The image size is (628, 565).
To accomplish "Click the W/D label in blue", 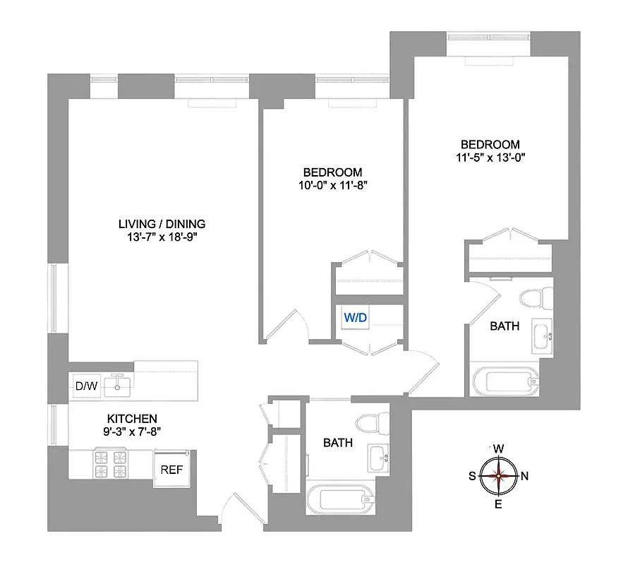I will coord(355,318).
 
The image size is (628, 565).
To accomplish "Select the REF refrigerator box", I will coord(171,468).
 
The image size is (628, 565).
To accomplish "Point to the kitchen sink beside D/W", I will coord(117,385).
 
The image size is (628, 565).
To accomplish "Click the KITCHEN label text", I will coord(132,419).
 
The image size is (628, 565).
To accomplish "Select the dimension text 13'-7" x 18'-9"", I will coord(162,237).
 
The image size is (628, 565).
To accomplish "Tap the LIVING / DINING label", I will coord(162,224).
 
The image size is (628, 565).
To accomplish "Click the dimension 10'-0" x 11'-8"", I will coord(332,185).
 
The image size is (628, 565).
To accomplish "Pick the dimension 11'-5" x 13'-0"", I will coord(491,158).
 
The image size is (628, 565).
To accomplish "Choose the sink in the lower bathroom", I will coord(378,458).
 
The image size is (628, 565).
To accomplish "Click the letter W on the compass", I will coord(498,448).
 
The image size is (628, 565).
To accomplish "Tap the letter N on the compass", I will coord(524,475).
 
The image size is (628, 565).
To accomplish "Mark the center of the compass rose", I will coord(498,475).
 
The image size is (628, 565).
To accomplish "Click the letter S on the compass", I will coord(472,475).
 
